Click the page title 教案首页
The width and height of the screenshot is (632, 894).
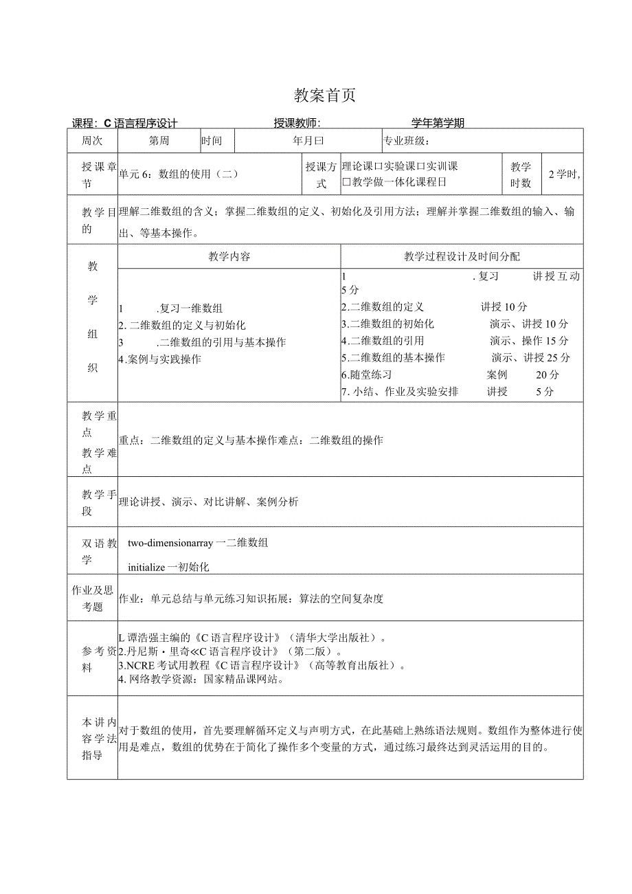point(325,96)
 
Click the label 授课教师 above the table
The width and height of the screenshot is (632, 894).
point(297,123)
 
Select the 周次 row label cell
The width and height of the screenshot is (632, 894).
point(92,141)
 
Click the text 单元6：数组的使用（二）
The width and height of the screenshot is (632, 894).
point(179,174)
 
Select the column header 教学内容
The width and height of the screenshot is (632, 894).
point(229,256)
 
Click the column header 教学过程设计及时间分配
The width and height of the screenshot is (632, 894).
point(462,256)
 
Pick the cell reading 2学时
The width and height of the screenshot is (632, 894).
point(563,174)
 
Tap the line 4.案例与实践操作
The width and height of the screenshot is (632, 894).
point(160,359)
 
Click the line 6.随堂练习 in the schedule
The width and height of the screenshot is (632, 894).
point(367,375)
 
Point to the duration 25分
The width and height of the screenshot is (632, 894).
point(559,357)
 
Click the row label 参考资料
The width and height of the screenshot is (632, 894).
point(92,660)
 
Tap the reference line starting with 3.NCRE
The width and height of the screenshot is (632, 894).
point(261,665)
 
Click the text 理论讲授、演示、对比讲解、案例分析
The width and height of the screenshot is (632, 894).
point(209,502)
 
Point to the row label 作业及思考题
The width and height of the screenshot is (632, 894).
point(92,598)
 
